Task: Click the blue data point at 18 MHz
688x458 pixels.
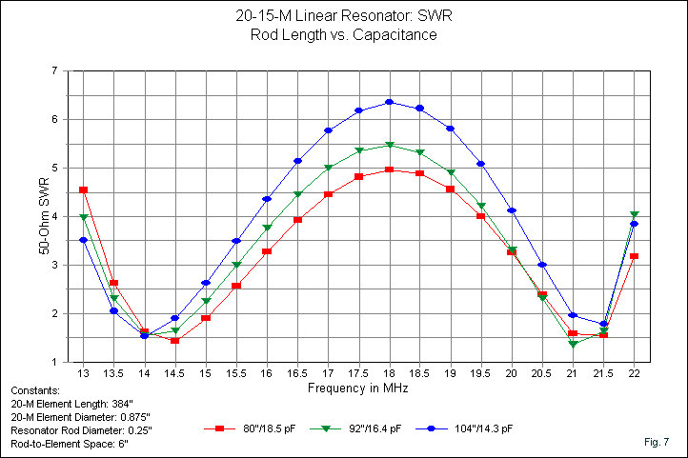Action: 389,102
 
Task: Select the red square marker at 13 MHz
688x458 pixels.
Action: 84,190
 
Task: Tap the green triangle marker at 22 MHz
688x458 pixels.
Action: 634,215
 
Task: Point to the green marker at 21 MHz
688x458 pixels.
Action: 573,344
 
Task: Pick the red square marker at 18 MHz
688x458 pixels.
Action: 389,169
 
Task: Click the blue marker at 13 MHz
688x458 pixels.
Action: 84,240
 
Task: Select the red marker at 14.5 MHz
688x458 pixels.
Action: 175,340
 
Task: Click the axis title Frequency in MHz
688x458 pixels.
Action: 358,388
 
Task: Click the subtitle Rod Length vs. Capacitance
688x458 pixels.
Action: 343,35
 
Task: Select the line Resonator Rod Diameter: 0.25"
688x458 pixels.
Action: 80,430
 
